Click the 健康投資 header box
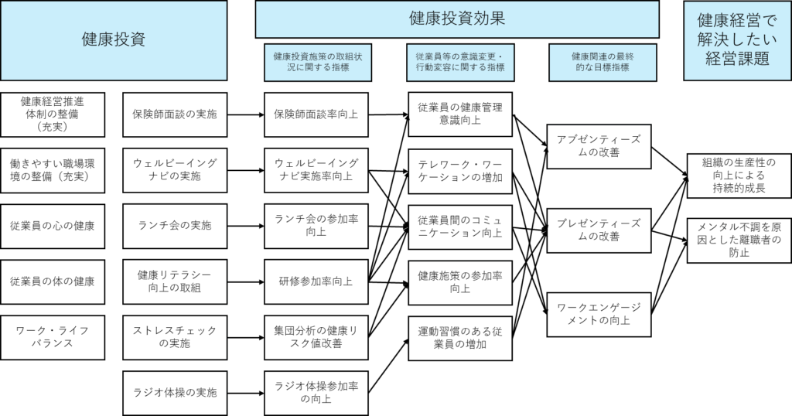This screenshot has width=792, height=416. click(x=114, y=40)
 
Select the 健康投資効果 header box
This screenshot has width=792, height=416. click(x=457, y=19)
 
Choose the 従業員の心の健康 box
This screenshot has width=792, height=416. click(x=53, y=226)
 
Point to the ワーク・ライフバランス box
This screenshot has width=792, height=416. click(x=53, y=337)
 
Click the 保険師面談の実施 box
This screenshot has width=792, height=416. click(x=175, y=114)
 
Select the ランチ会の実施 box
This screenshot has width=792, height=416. click(x=175, y=226)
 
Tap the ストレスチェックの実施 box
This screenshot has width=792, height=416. click(x=175, y=337)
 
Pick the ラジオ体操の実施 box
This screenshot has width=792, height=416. click(x=175, y=392)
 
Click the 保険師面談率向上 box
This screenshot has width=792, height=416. click(x=316, y=114)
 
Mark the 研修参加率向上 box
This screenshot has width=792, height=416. click(x=316, y=281)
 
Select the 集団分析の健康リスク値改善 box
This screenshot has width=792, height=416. click(x=316, y=337)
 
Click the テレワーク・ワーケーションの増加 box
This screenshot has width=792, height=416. click(x=459, y=171)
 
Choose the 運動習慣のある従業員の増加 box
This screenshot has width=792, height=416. click(x=459, y=338)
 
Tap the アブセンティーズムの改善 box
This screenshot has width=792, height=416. click(x=599, y=145)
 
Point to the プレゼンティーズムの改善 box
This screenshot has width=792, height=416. click(x=599, y=230)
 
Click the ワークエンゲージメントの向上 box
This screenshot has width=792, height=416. click(x=599, y=314)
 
